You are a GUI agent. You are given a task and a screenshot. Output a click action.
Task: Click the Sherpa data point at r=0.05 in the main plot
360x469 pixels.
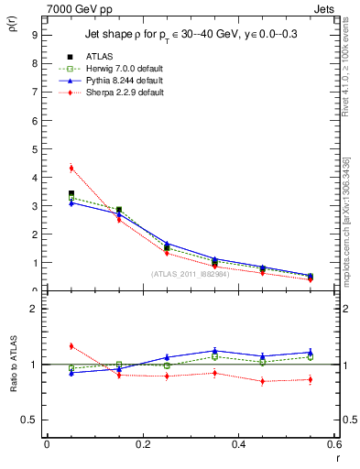(x=71, y=168)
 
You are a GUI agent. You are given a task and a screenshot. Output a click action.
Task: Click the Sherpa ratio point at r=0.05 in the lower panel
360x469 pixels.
(x=71, y=345)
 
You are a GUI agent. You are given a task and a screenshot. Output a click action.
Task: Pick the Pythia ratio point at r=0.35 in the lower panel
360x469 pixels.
(x=214, y=350)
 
